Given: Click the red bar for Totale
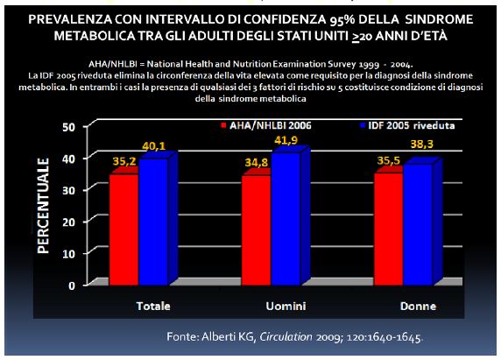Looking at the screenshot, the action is point(124,229).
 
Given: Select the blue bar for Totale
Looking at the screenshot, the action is point(153,221).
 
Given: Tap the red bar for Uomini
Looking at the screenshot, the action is point(257,229).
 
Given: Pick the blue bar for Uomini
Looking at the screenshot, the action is point(286,218).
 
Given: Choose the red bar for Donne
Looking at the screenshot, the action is point(389,228).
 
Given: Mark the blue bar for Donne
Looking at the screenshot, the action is point(419,223).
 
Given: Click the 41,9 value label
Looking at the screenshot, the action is point(286,140).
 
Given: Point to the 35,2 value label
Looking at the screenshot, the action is point(124,162).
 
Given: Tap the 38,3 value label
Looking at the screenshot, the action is point(422,145).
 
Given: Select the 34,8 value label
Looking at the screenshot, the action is point(257,163).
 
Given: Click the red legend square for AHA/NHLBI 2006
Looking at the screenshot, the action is point(223,125).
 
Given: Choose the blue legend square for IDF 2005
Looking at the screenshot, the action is point(363,125).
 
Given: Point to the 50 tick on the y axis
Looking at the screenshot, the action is point(68,127).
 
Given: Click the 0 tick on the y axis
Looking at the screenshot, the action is point(72,286).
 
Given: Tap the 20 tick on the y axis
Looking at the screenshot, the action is point(68,222).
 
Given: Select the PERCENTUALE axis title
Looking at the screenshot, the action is point(44,206).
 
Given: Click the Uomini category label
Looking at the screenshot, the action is point(286,306).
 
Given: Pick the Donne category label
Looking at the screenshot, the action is point(419,306).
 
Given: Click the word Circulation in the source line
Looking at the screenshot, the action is point(286,336).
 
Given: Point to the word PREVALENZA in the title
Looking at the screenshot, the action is point(70,19).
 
